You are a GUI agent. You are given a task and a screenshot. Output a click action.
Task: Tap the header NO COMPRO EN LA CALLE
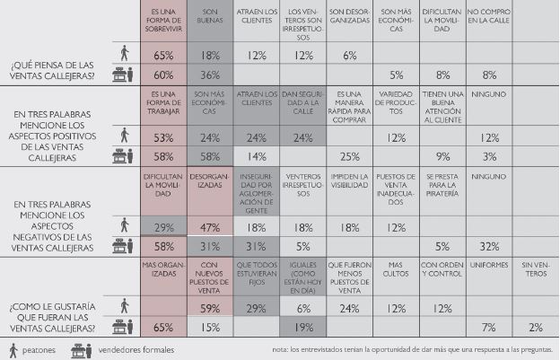[489, 14]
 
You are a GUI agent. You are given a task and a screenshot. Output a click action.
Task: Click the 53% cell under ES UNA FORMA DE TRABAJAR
[163, 137]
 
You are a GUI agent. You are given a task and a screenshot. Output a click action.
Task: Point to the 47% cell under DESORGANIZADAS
[210, 228]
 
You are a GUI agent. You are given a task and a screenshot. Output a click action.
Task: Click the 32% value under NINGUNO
[489, 246]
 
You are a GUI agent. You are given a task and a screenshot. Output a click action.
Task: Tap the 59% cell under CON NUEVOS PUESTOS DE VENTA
[210, 309]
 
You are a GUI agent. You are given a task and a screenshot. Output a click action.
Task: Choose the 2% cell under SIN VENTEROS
[536, 327]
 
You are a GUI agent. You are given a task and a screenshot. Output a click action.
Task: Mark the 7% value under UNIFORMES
[489, 327]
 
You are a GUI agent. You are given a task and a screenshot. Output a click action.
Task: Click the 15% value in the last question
[210, 327]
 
